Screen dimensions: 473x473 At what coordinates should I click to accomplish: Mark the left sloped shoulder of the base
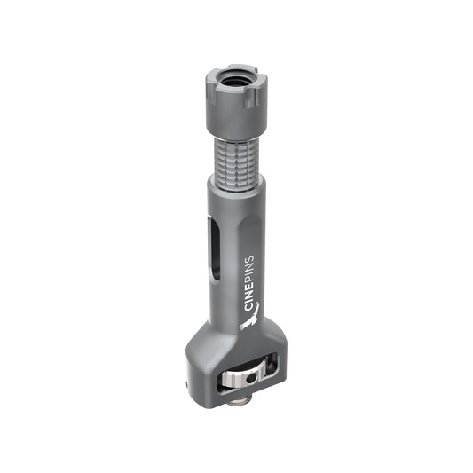click(x=200, y=342)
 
